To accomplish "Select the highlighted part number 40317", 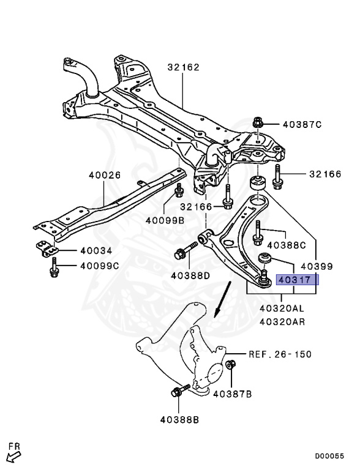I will coord(296,280).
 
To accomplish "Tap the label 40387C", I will coord(302,124).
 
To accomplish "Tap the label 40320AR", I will coord(282,321).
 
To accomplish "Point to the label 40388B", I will coord(180,420).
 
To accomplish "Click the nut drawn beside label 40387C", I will coord(258,123).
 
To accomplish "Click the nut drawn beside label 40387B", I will coord(231,365).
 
